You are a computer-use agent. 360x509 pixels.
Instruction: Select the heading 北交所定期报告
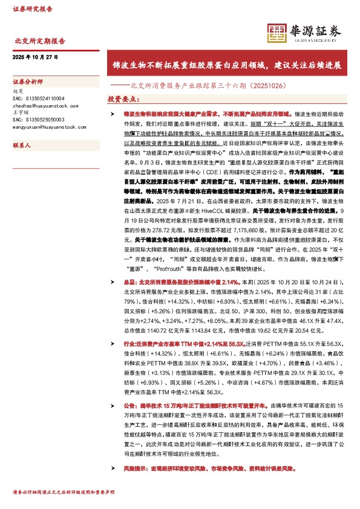[39, 41]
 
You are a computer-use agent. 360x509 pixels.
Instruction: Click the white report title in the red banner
[227, 64]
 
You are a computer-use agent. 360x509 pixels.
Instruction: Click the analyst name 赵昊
[17, 90]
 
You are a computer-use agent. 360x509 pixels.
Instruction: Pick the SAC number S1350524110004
[38, 97]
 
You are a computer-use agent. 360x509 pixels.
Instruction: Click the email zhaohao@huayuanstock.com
[44, 105]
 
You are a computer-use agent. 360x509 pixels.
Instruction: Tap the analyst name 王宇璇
[19, 112]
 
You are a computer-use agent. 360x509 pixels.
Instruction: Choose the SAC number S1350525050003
[38, 119]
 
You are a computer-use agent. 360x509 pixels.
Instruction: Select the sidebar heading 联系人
[22, 146]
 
